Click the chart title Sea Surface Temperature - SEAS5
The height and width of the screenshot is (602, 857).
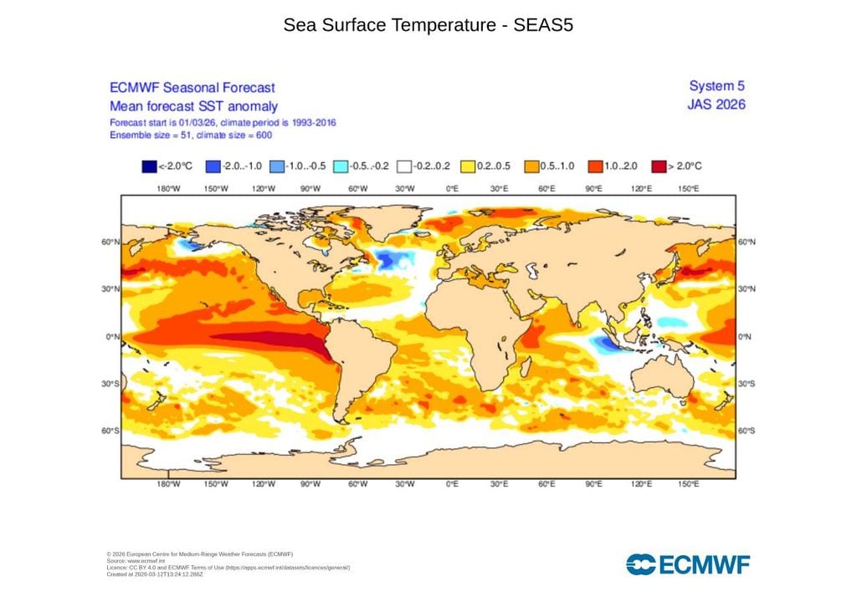click(428, 25)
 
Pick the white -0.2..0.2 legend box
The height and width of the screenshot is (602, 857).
click(404, 166)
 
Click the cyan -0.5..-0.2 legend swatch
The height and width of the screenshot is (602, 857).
click(341, 166)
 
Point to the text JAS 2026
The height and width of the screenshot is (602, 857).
click(716, 105)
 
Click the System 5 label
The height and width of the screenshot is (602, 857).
click(716, 86)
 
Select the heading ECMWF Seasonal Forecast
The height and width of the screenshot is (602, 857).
click(192, 88)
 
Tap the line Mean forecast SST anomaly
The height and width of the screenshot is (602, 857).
click(193, 106)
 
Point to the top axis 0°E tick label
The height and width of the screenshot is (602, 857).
click(452, 189)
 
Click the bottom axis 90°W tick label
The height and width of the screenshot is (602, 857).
click(311, 484)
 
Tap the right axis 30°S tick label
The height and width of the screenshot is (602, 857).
click(747, 384)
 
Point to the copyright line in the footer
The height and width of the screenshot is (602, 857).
click(200, 554)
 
